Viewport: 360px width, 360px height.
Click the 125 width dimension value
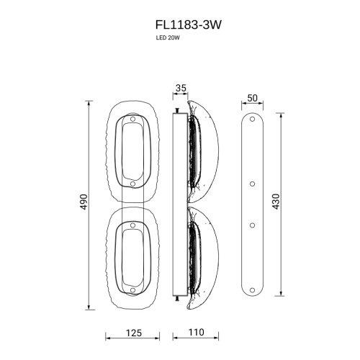pyautogui.click(x=131, y=333)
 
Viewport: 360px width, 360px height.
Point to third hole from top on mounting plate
pyautogui.click(x=251, y=225)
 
